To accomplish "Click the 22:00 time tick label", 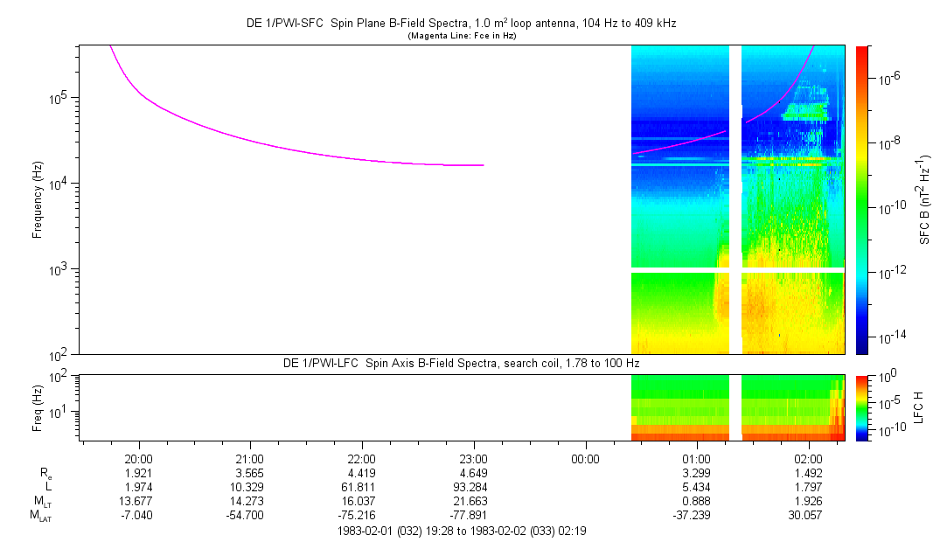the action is pos(361,459).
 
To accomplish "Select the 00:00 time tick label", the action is pos(585,459).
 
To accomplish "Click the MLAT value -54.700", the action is pos(245,516).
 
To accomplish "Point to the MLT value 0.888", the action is pos(696,502).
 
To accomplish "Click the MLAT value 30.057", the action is pos(805,516).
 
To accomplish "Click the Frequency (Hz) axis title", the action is pos(38,200).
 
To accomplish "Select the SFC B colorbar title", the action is pos(924,199).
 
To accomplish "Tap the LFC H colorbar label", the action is pos(919,407).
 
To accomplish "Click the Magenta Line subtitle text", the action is pos(462,36).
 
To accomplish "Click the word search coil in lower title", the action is pos(532,364).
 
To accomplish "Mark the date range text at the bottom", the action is pos(462,532).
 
